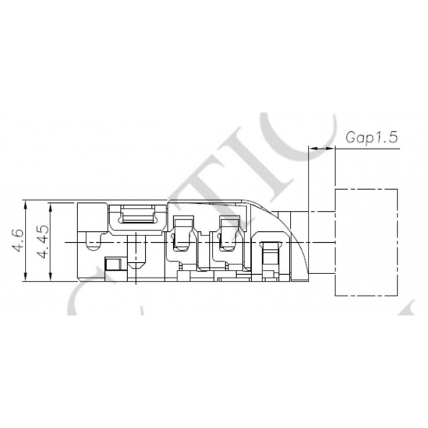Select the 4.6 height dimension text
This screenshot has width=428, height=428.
[19, 242]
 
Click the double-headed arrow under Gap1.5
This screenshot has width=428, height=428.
[321, 148]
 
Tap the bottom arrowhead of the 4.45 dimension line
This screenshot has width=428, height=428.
[50, 278]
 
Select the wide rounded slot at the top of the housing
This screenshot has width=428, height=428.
[142, 215]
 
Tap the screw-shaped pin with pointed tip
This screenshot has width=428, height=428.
[137, 252]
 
